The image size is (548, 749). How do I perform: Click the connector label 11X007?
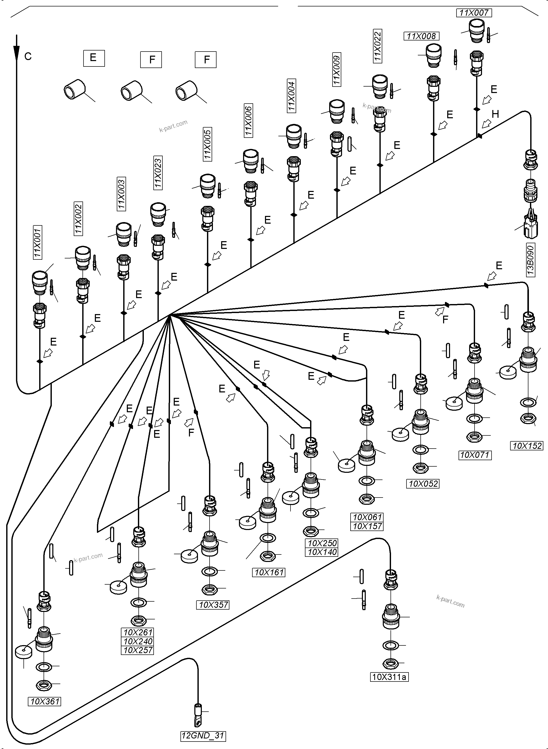coord(474,13)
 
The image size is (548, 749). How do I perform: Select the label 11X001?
coord(37,242)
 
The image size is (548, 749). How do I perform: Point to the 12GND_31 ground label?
coord(203,736)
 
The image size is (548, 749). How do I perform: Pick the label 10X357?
coord(213,605)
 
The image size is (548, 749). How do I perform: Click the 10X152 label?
coord(527,446)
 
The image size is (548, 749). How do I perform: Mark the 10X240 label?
coord(138,641)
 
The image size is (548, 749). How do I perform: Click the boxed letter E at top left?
coord(94,58)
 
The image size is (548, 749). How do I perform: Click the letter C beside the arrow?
coord(28,57)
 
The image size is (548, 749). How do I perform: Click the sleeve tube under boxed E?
coord(74,89)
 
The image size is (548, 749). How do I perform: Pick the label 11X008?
coord(421,36)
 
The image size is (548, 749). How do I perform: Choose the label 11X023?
coord(158,172)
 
